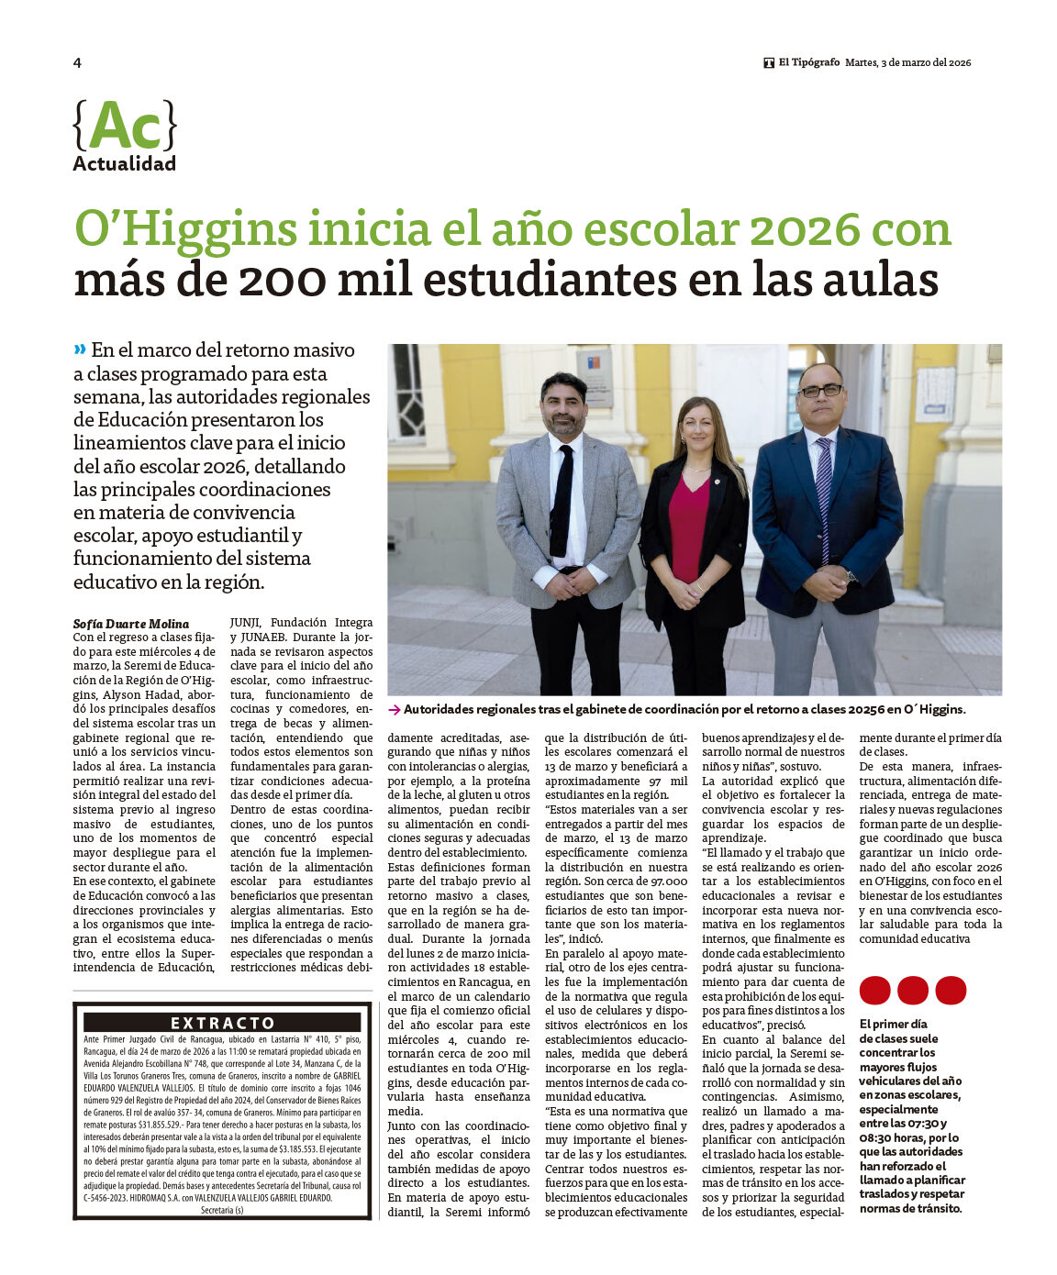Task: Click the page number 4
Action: [x=77, y=62]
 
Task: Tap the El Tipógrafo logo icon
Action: [x=769, y=62]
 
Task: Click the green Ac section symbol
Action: [x=125, y=126]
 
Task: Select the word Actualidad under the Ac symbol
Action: [x=124, y=164]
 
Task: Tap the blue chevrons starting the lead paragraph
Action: [x=80, y=349]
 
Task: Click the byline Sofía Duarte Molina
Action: [x=131, y=624]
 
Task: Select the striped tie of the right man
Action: [x=823, y=495]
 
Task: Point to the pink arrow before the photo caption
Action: [x=394, y=709]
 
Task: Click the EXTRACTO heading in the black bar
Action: [x=222, y=1023]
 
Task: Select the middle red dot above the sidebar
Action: [x=912, y=991]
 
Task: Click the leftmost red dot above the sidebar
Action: [x=874, y=991]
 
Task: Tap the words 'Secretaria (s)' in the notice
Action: [x=222, y=1210]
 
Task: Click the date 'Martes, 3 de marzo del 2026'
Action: [x=907, y=62]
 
